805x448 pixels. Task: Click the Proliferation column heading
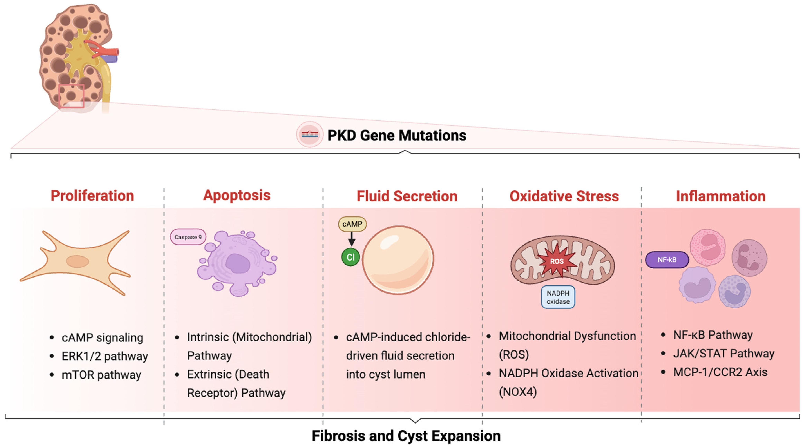[92, 196]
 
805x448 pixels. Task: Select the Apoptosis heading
[236, 195]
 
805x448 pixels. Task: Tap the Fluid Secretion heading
[407, 196]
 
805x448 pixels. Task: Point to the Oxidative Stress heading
[564, 196]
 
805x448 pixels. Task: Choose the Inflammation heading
[721, 196]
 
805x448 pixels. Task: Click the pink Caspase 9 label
[188, 237]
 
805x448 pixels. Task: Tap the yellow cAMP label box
[352, 224]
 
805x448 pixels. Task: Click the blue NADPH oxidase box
[558, 297]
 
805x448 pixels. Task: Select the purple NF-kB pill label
[667, 260]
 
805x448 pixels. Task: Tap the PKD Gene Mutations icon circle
[309, 134]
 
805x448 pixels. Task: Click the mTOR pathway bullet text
[101, 375]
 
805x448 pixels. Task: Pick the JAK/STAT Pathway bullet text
[724, 354]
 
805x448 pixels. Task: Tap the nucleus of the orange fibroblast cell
[78, 261]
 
